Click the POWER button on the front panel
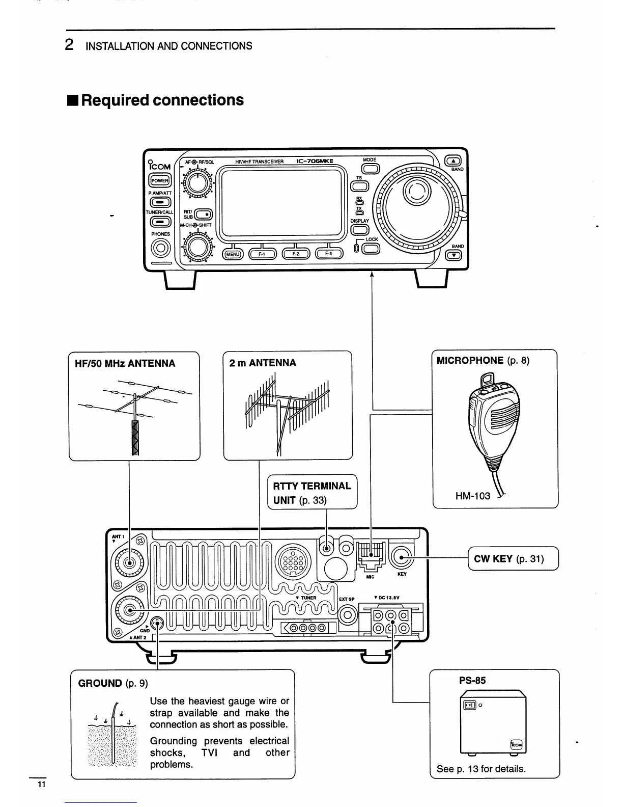[160, 180]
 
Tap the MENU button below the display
[233, 254]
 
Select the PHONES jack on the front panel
[160, 248]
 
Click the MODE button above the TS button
[371, 169]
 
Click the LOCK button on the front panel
[372, 249]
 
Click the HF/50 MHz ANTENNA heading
[125, 363]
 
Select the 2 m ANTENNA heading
[263, 363]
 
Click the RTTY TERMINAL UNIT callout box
[312, 492]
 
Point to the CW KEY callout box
[513, 559]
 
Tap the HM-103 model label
[472, 495]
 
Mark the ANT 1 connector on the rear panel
[130, 563]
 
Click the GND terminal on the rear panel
[158, 623]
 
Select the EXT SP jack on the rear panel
[348, 615]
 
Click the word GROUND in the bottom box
[100, 683]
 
